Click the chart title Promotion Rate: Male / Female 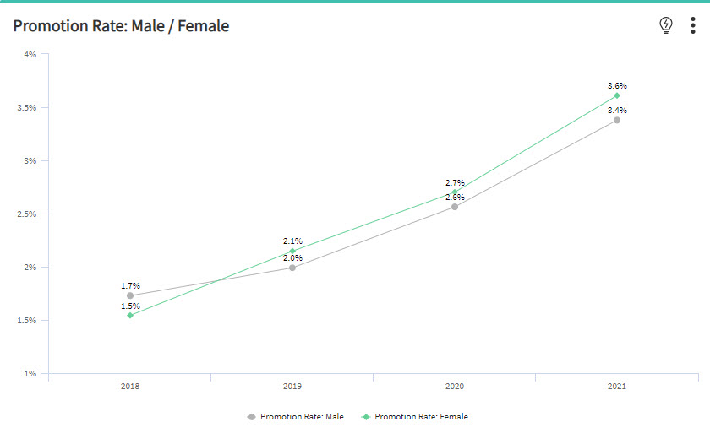tap(121, 26)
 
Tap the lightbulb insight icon tap(666, 25)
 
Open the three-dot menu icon tap(693, 25)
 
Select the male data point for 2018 tap(130, 296)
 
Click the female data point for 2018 tap(130, 315)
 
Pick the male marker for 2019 tap(292, 268)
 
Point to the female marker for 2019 tap(292, 251)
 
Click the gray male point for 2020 tap(455, 207)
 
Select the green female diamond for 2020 tap(455, 192)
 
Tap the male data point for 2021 tap(617, 120)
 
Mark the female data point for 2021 tap(617, 95)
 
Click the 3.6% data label tap(617, 86)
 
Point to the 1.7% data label tap(130, 286)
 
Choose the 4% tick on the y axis tap(30, 55)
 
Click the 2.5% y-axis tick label tap(27, 214)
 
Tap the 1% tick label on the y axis tap(30, 373)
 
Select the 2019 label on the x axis tap(292, 386)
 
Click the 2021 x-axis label tap(617, 386)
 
